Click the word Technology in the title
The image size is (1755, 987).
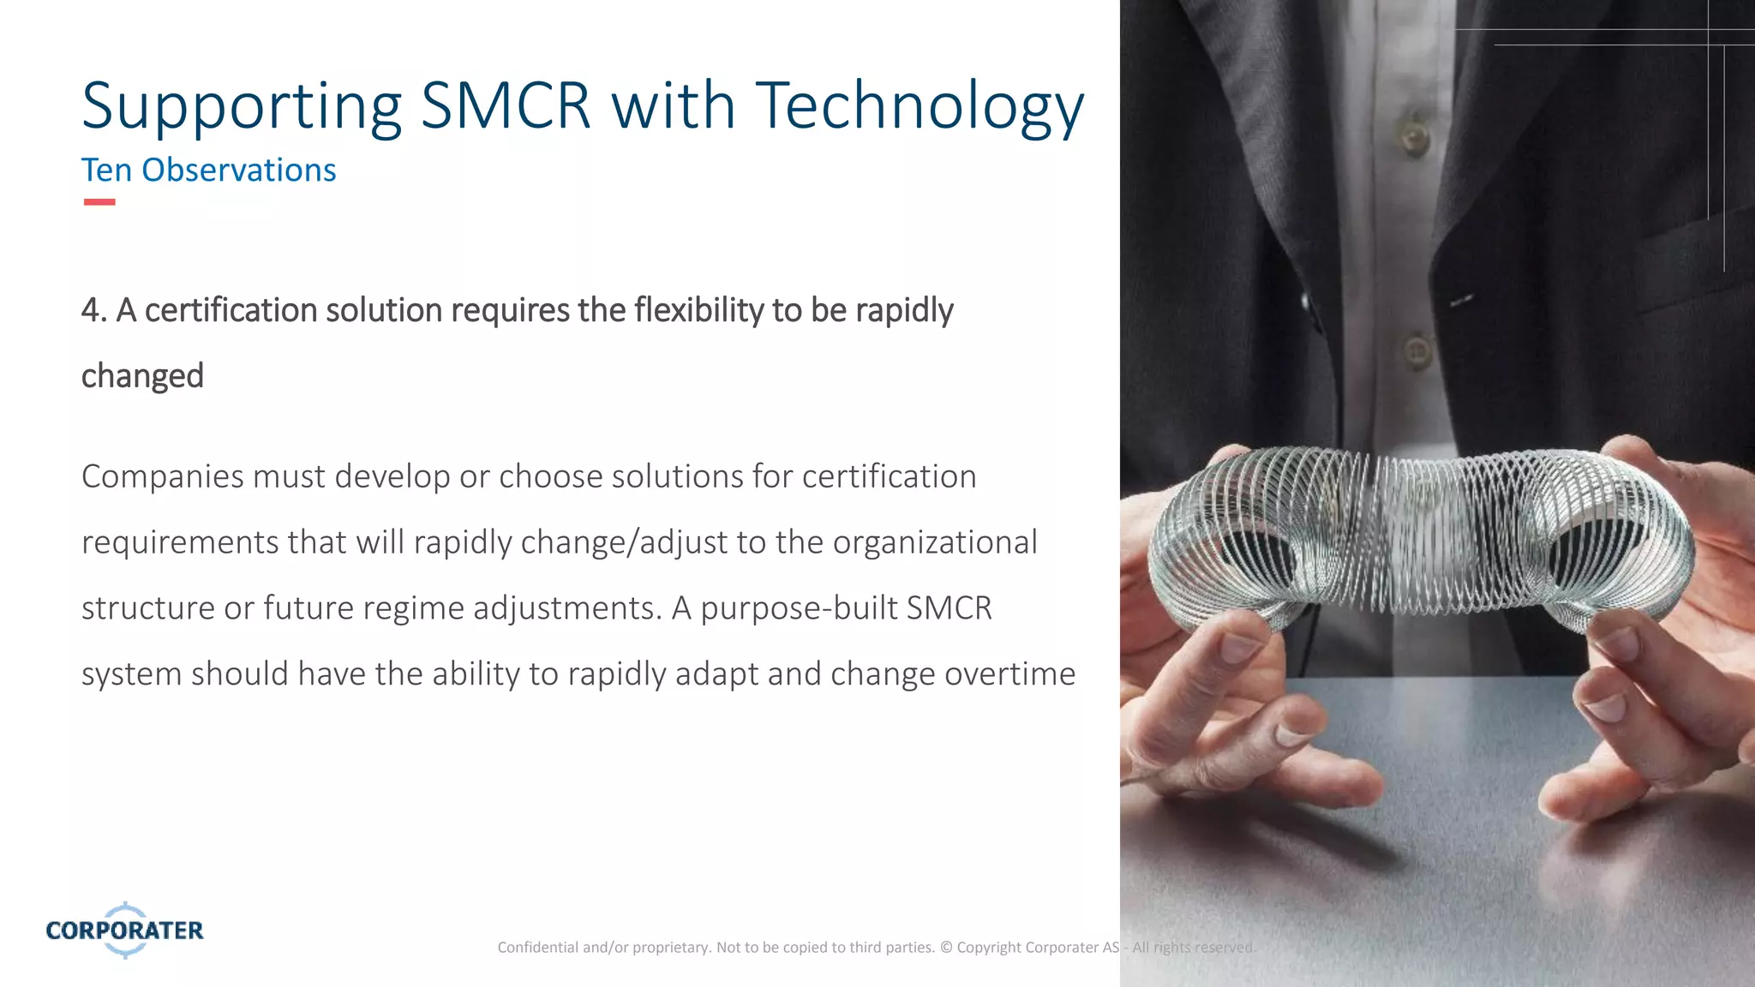click(x=919, y=106)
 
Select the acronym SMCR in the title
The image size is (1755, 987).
click(x=506, y=106)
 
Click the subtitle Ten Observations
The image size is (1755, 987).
click(x=208, y=170)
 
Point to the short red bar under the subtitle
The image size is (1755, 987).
click(x=99, y=202)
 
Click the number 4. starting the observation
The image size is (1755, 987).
click(x=93, y=310)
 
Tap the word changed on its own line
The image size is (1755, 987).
click(x=142, y=376)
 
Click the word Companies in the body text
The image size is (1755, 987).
click(x=162, y=476)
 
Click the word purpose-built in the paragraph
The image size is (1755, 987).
click(x=799, y=608)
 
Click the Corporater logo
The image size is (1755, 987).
click(x=125, y=930)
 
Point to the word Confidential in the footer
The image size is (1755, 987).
click(x=537, y=948)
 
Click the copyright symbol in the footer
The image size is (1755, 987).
click(x=946, y=948)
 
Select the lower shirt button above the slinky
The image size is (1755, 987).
click(x=1416, y=350)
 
